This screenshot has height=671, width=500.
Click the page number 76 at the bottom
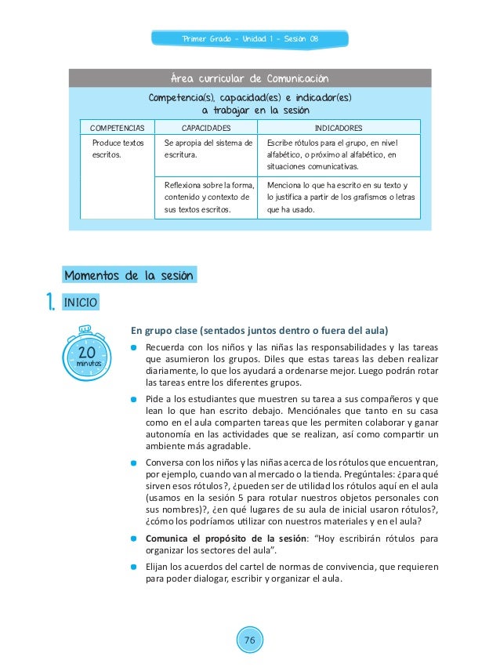pyautogui.click(x=249, y=641)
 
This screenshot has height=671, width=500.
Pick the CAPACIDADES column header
pyautogui.click(x=206, y=126)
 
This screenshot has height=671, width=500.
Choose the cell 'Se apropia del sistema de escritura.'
pyautogui.click(x=208, y=150)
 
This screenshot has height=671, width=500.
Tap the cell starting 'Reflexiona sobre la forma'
pyautogui.click(x=208, y=197)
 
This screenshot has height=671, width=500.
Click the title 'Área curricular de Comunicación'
pyautogui.click(x=249, y=78)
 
